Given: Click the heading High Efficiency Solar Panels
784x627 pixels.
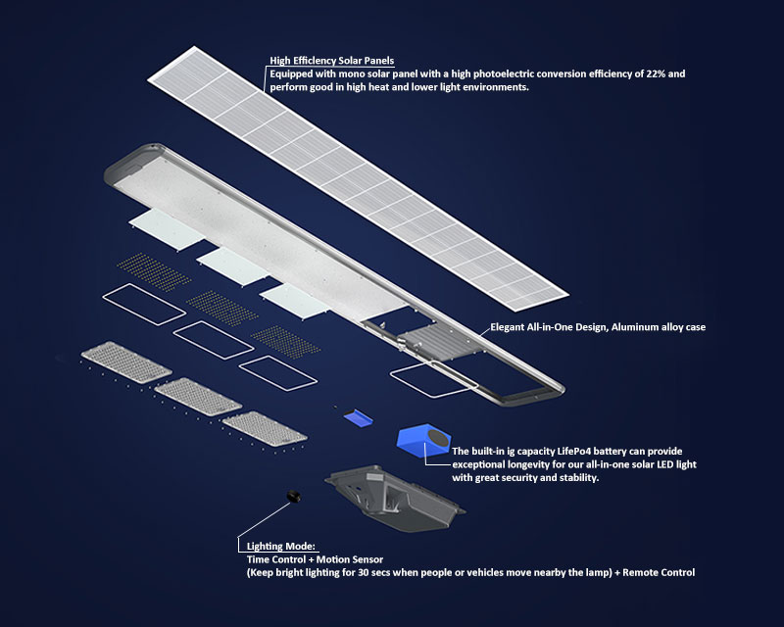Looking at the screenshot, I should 331,61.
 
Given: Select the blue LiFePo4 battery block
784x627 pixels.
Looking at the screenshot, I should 423,441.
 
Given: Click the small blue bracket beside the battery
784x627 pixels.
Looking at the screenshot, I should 359,417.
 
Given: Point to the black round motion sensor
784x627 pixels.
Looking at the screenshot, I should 292,497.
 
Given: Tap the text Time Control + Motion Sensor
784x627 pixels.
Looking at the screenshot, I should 314,558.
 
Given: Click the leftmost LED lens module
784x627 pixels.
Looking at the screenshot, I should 125,362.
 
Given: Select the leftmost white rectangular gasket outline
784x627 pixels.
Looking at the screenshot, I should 143,304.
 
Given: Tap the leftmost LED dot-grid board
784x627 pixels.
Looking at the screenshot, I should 155,269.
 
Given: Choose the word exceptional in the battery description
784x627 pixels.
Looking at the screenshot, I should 485,464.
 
